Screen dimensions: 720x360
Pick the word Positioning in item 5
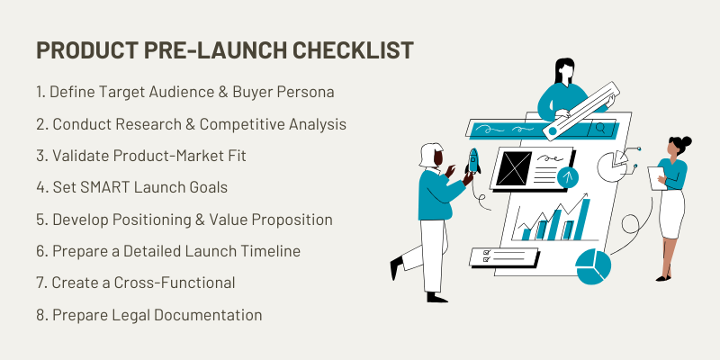click(151, 220)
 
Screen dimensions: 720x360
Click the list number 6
click(40, 251)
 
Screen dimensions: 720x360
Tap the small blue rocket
click(473, 161)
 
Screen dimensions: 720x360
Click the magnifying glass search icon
click(600, 129)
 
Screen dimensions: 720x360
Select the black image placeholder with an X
click(514, 168)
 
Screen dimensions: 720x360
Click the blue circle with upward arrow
click(568, 177)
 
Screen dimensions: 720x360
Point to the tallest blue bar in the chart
click(581, 219)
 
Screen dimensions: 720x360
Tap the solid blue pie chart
click(593, 266)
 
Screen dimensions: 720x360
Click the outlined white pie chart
click(613, 166)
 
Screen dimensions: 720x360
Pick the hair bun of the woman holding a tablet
click(686, 141)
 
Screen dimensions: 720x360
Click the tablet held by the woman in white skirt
click(657, 178)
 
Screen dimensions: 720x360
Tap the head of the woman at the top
click(564, 70)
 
